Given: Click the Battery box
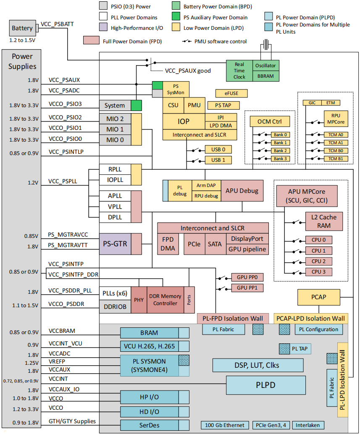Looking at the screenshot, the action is click(x=22, y=28).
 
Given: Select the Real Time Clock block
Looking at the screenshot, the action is click(x=239, y=71).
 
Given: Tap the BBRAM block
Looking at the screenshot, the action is click(x=266, y=76).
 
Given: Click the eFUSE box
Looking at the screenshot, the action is click(x=231, y=93).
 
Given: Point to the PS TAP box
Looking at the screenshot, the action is click(x=223, y=105).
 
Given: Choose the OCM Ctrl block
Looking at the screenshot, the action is click(x=270, y=121).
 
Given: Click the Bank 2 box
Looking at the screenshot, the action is click(x=281, y=150).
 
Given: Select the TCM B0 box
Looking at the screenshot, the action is click(x=336, y=150).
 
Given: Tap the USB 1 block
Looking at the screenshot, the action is click(x=218, y=160).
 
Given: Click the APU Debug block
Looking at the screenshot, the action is click(x=242, y=191).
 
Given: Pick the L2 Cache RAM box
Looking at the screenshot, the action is click(x=324, y=221).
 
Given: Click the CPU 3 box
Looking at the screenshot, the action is click(x=319, y=272).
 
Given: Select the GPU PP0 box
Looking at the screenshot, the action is click(x=247, y=277).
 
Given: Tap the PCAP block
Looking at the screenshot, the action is click(x=319, y=297).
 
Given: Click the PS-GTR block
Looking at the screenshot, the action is click(x=115, y=244).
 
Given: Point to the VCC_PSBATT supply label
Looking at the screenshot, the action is click(x=57, y=24).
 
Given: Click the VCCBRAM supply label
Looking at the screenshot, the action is click(x=62, y=331).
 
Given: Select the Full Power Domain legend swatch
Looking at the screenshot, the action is click(x=91, y=40).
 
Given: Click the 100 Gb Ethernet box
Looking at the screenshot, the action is click(x=225, y=425).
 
